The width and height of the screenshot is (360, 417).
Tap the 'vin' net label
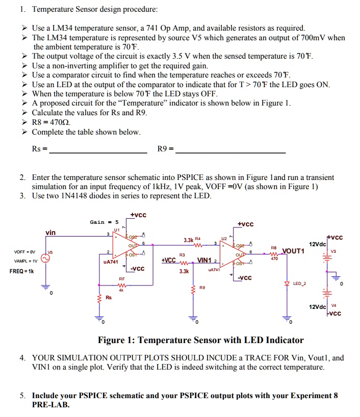[x=51, y=232]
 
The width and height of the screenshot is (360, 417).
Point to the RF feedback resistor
[x=122, y=285]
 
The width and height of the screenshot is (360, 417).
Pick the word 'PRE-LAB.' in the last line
[x=51, y=405]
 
